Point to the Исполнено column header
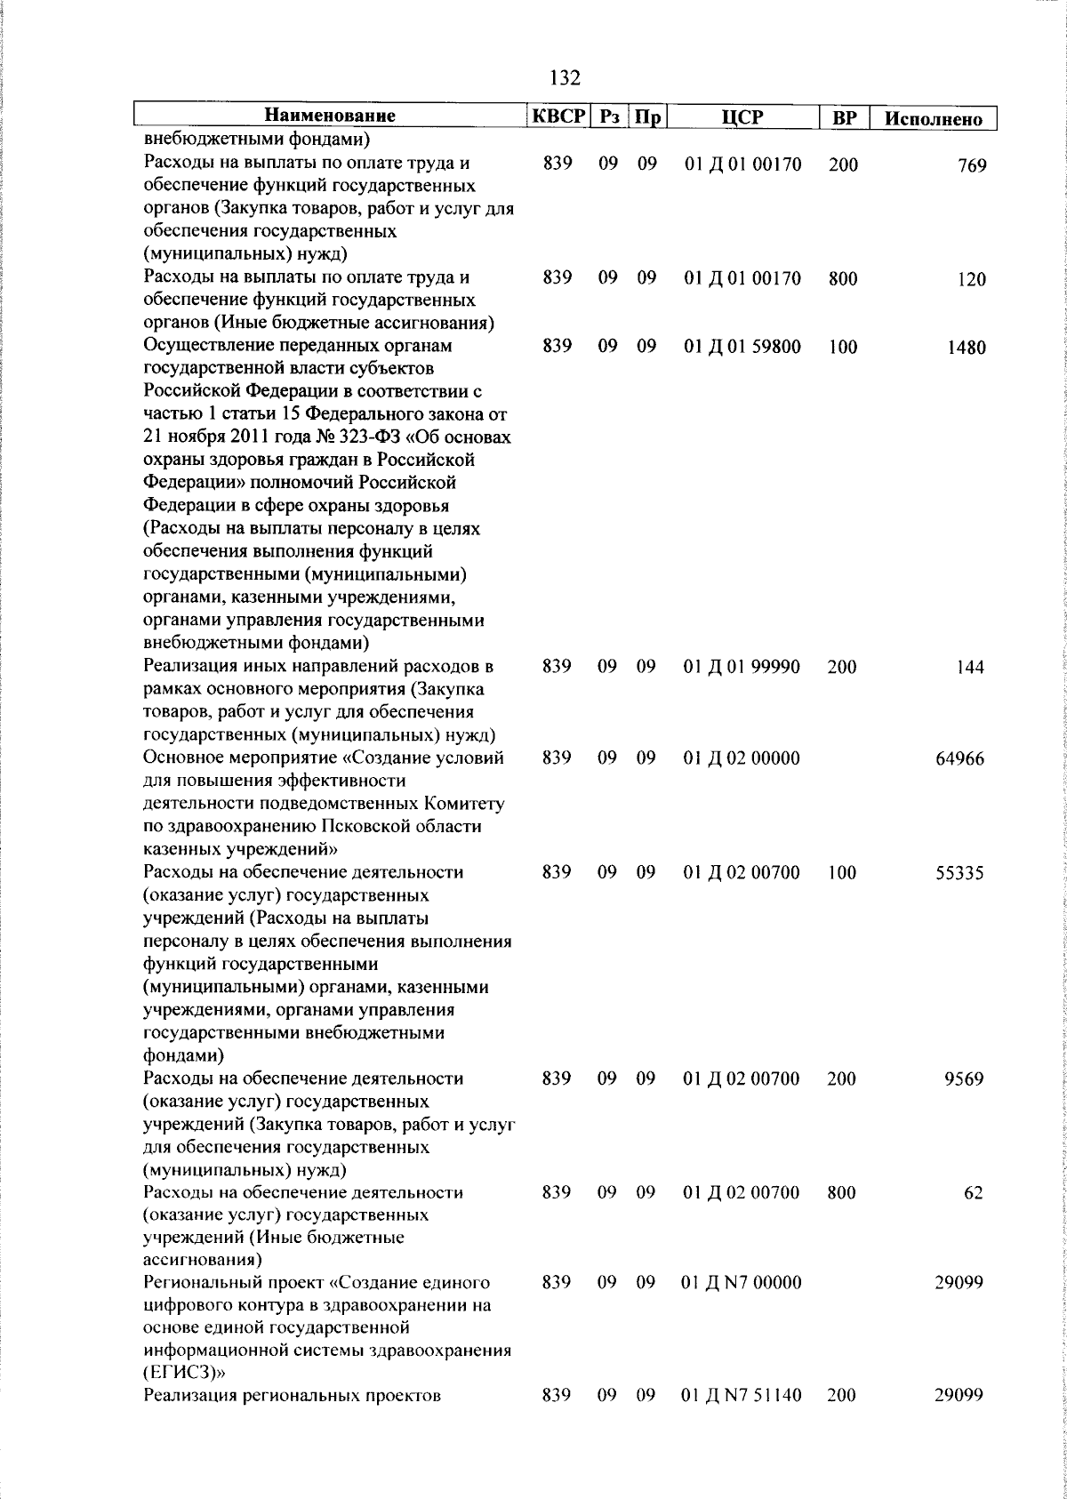934,119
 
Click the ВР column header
843,117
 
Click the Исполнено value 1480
966,348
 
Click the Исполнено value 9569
965,1079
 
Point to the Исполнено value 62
974,1193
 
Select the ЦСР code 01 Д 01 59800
742,347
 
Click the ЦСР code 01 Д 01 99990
742,667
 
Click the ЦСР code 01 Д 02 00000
742,758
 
